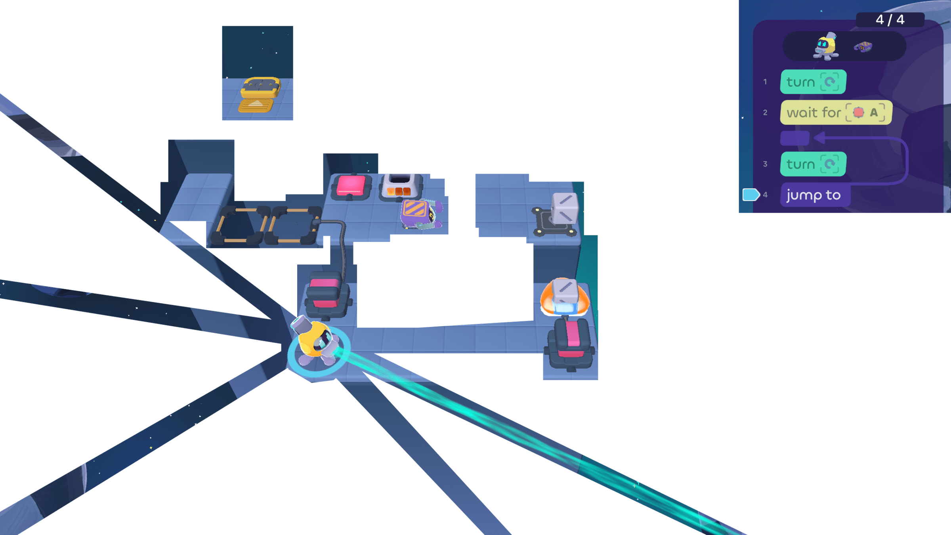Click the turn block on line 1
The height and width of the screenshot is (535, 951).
pyautogui.click(x=813, y=82)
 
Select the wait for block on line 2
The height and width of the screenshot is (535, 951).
pyautogui.click(x=835, y=113)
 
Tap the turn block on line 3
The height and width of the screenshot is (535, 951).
pyautogui.click(x=813, y=164)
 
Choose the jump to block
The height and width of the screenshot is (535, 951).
pyautogui.click(x=814, y=195)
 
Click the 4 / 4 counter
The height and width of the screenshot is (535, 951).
pyautogui.click(x=890, y=19)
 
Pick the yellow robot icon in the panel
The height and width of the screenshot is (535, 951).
pyautogui.click(x=826, y=47)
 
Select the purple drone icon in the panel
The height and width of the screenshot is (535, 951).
pyautogui.click(x=863, y=47)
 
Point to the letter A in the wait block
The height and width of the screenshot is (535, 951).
pyautogui.click(x=874, y=113)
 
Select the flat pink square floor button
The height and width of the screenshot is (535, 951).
pyautogui.click(x=351, y=186)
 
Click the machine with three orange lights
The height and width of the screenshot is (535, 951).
pyautogui.click(x=400, y=186)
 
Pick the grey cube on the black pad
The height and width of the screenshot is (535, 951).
pyautogui.click(x=564, y=208)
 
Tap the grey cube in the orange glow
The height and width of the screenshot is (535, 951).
pyautogui.click(x=565, y=294)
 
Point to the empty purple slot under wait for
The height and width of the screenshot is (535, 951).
pyautogui.click(x=794, y=138)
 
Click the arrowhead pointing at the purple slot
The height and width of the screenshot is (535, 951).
pyautogui.click(x=819, y=138)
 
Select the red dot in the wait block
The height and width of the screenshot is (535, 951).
pyautogui.click(x=858, y=113)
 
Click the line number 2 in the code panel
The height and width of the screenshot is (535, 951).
pyautogui.click(x=765, y=113)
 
